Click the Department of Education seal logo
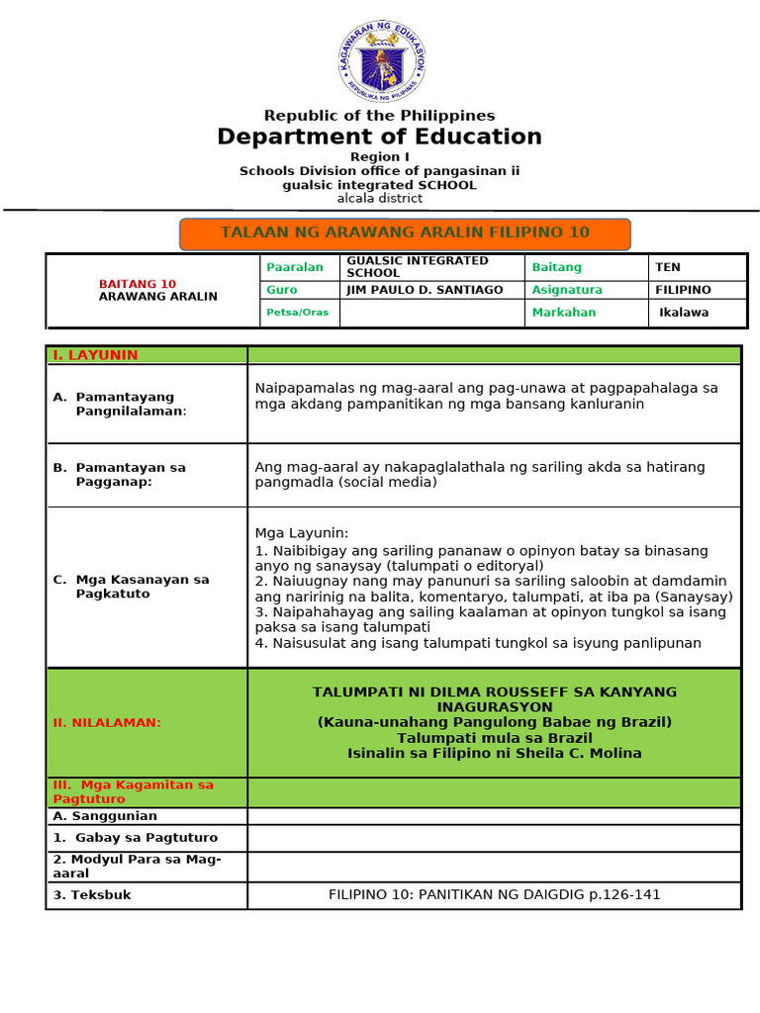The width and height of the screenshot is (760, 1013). click(380, 61)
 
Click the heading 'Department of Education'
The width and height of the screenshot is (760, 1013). click(380, 137)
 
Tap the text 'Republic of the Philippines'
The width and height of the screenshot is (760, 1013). click(380, 116)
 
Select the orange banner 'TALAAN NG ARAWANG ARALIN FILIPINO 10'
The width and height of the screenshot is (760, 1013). click(405, 233)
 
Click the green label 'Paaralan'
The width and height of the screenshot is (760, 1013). click(288, 267)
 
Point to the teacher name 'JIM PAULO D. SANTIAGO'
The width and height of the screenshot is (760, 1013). click(425, 290)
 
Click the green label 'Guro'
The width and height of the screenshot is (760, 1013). click(282, 290)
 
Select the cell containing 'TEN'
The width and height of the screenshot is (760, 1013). click(668, 267)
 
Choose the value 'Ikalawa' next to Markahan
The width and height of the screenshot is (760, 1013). click(684, 313)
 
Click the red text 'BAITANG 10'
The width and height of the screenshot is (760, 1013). click(138, 284)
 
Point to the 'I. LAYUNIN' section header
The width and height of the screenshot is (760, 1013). click(95, 355)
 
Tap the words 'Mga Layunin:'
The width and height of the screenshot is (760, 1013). click(302, 533)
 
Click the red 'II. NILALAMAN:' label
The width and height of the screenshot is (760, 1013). click(107, 722)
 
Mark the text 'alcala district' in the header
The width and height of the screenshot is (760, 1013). click(380, 198)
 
